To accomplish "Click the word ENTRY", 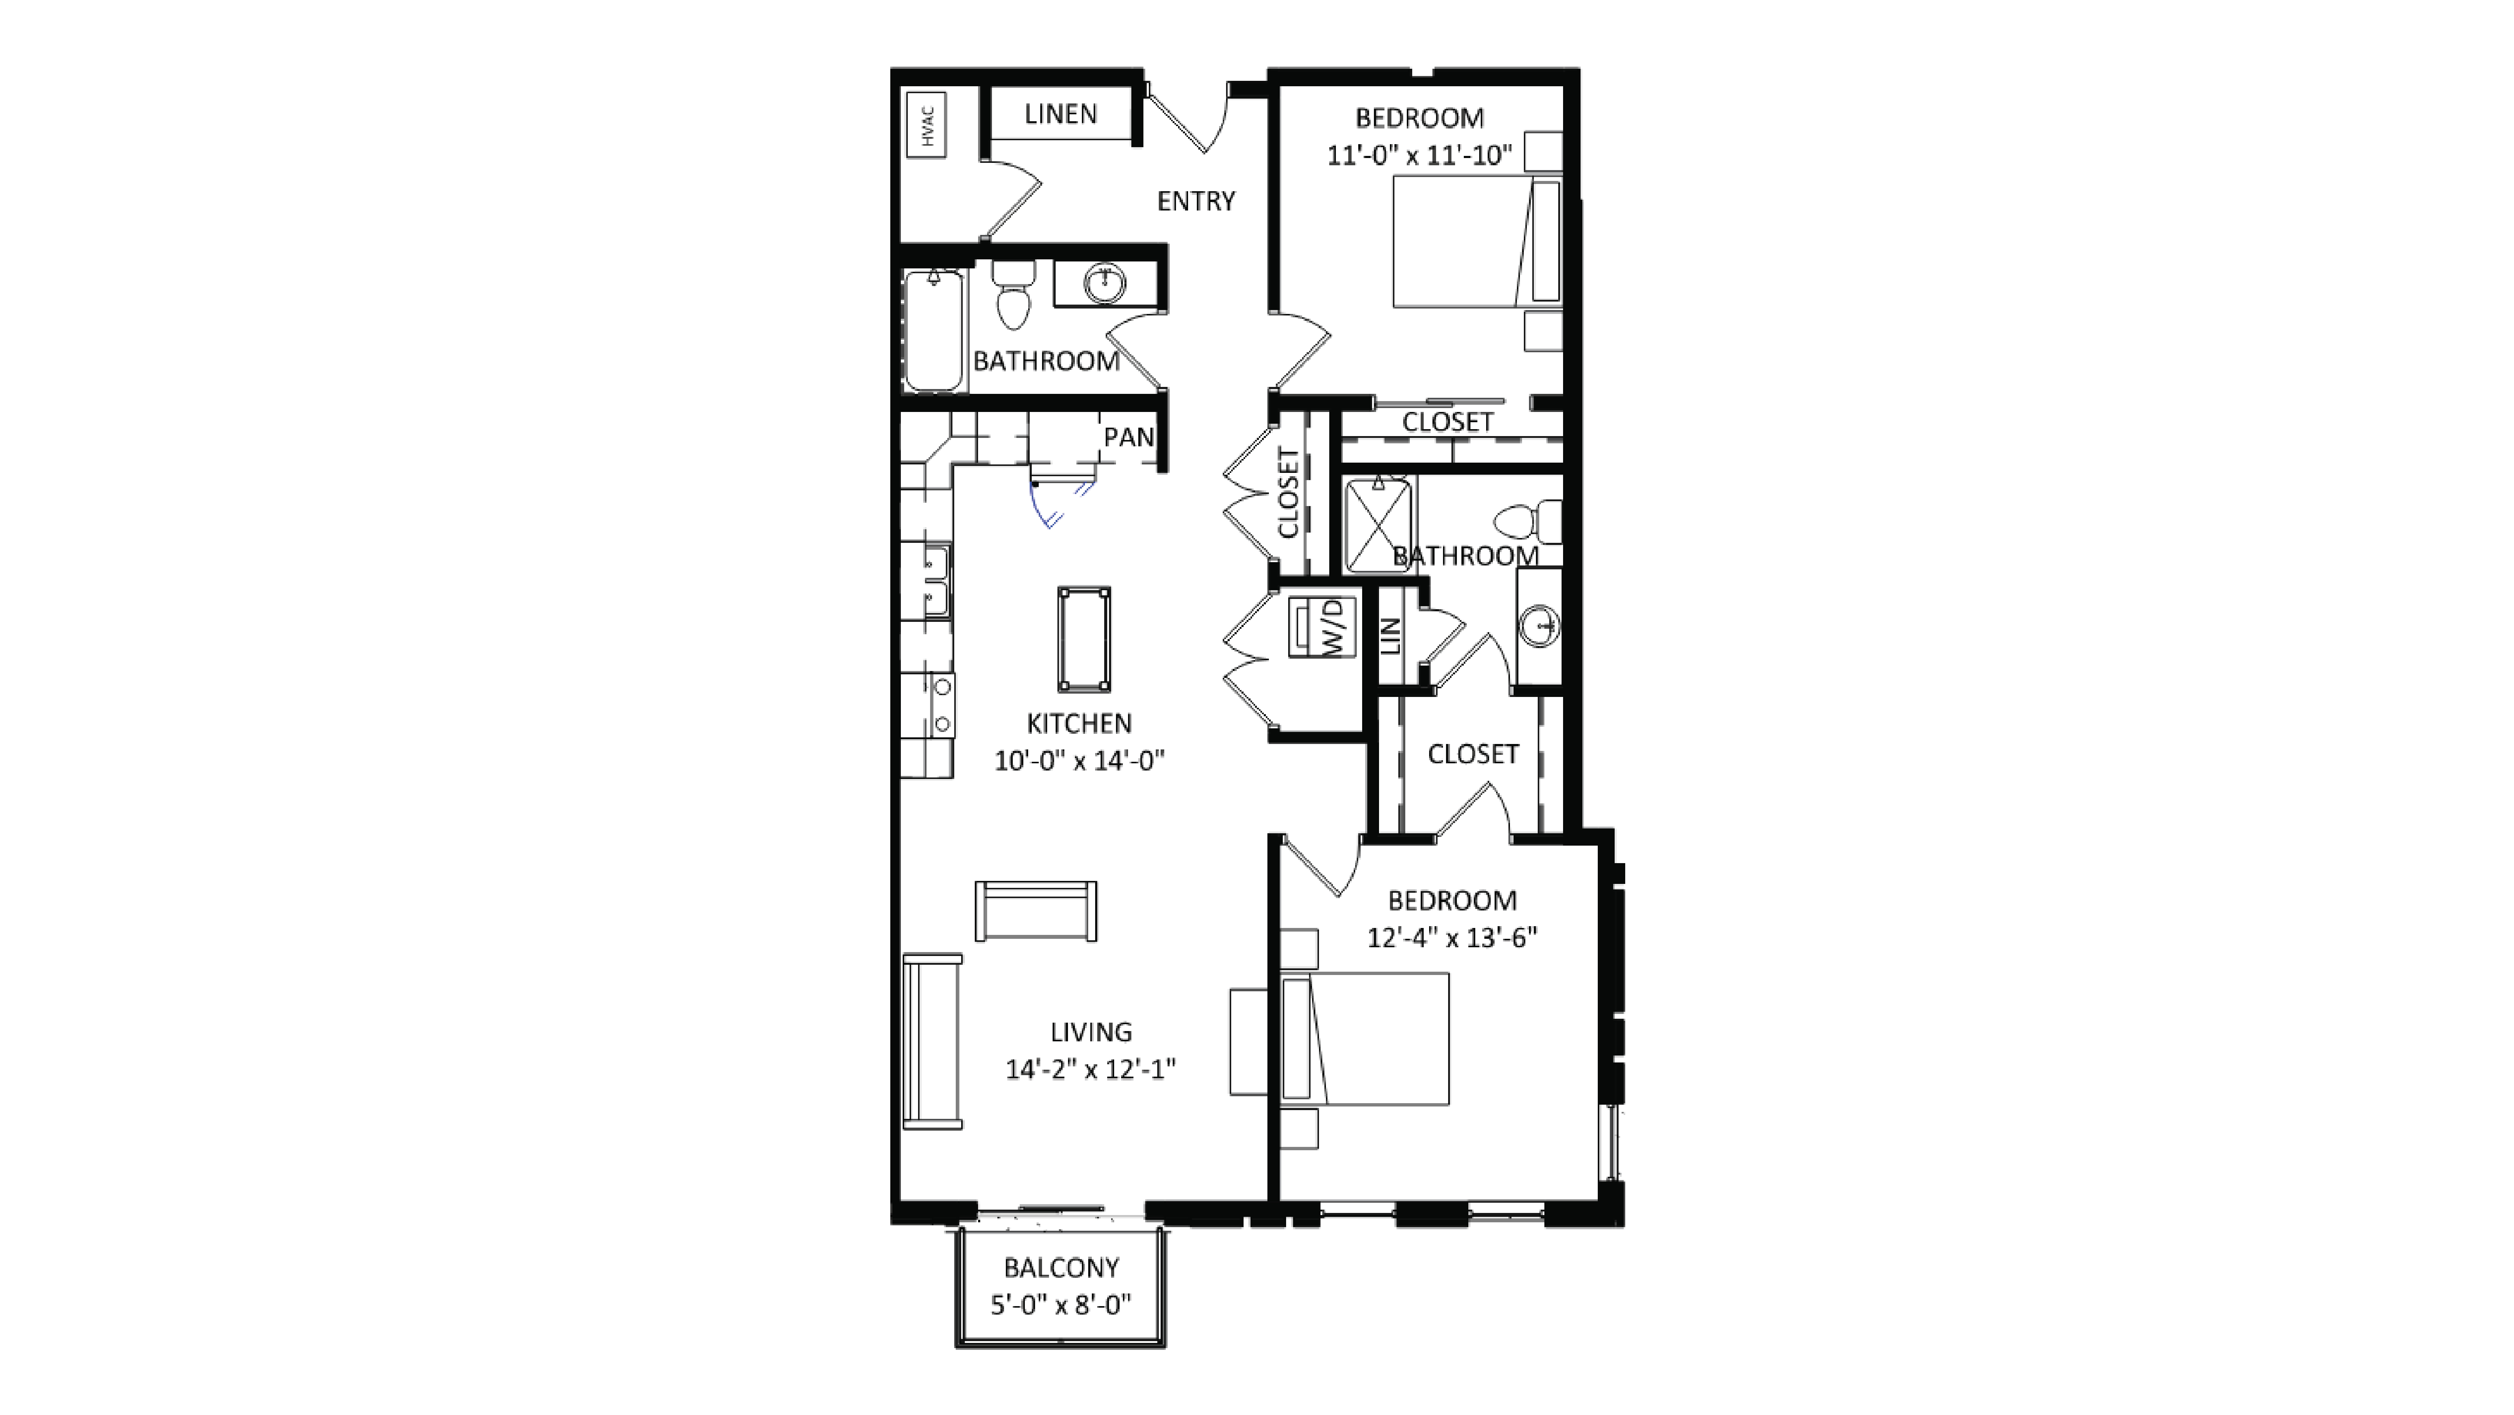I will pos(1196,201).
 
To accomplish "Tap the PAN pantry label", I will pos(1128,437).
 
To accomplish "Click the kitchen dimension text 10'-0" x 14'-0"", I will pos(1079,761).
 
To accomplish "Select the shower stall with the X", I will pos(1378,525).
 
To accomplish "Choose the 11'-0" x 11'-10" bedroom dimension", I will pos(1419,155).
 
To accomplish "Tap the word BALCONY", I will pos(1061,1268).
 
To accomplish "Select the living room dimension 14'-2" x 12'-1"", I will pos(1090,1070).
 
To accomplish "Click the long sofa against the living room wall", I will pos(932,1041).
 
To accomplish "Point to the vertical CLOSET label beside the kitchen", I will pos(1288,494).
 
